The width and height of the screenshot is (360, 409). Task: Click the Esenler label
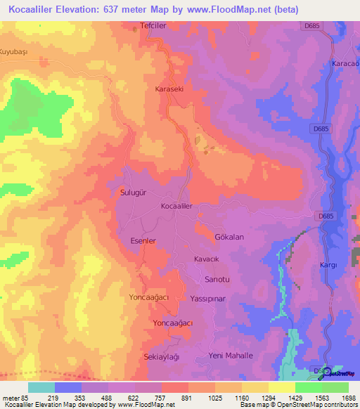click(x=141, y=240)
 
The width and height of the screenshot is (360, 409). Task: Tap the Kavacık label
click(x=208, y=259)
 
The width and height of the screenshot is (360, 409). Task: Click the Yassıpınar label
click(x=207, y=299)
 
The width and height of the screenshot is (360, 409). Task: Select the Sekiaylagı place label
click(x=162, y=357)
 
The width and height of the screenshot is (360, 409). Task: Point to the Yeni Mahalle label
click(x=231, y=356)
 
